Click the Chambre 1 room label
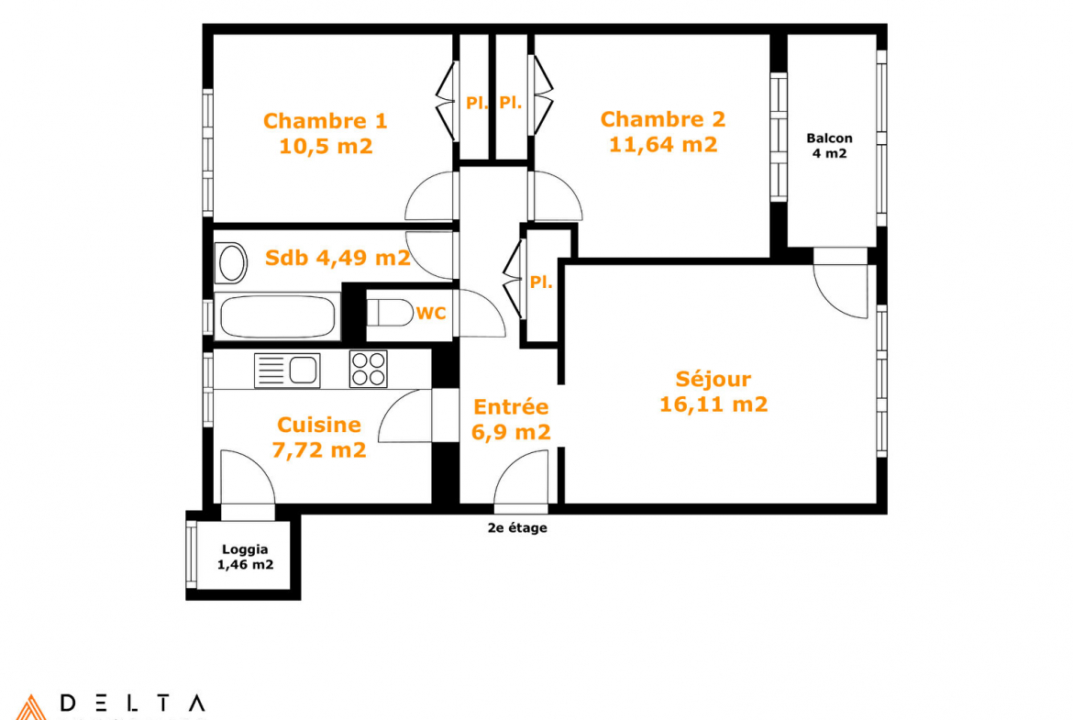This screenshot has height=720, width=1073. (x=325, y=121)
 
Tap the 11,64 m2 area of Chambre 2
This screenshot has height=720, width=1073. (x=663, y=144)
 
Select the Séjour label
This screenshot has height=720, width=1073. (x=713, y=379)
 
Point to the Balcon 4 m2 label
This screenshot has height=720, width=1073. (x=829, y=146)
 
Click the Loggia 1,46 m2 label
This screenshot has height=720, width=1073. (x=245, y=557)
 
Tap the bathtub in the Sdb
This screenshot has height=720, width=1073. (x=277, y=316)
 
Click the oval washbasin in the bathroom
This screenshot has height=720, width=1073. (x=231, y=263)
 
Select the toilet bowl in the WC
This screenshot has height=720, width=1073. (x=390, y=313)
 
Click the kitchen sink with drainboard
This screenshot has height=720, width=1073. (x=287, y=371)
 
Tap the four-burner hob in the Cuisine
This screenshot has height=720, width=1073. (x=368, y=369)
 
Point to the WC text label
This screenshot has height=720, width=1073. (x=431, y=314)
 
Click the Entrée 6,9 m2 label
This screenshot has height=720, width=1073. (x=511, y=419)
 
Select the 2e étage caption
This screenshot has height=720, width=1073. (x=517, y=527)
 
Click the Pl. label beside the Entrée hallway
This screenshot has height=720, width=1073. (x=540, y=282)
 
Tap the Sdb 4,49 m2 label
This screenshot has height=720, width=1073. (x=337, y=258)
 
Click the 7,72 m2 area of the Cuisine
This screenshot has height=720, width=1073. (x=319, y=449)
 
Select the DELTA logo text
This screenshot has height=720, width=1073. (x=132, y=703)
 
